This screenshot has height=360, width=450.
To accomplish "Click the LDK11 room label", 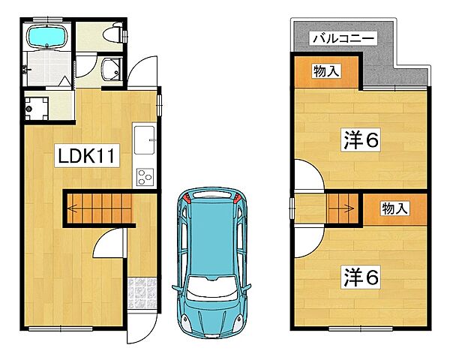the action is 87,155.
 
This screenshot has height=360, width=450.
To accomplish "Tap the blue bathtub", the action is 46,36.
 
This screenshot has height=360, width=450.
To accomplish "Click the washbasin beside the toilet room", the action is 110,70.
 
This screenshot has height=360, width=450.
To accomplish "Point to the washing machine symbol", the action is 36,109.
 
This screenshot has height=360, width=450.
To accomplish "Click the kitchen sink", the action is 144,139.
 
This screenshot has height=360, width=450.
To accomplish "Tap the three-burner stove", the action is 145,177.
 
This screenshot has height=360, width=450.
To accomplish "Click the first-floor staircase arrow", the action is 73,208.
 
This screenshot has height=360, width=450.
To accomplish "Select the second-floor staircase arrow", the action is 349,208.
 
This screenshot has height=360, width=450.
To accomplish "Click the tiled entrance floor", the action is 142,292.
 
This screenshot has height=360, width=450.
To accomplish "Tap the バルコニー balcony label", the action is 343,38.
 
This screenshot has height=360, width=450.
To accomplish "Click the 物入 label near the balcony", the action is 326,71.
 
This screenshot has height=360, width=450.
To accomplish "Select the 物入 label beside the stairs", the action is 394,208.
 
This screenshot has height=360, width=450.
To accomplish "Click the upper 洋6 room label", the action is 361,139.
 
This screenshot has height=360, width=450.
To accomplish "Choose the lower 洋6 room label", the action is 361,277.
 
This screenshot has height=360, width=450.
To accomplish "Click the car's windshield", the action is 211,288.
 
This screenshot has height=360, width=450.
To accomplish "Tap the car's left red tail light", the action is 187,197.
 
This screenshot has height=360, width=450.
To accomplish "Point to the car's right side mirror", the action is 247,287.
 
